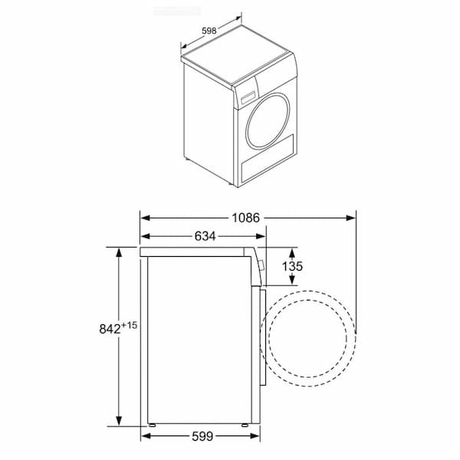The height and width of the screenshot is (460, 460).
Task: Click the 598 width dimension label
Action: pos(208,31)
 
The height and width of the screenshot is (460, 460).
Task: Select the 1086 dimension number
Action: pos(247,217)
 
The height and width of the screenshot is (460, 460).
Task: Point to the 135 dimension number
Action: pos(292,267)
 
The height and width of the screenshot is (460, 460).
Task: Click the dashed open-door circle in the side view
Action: pos(308,337)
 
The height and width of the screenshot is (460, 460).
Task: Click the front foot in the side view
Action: pos(244,423)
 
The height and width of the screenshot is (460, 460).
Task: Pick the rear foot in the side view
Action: pos(153,423)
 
